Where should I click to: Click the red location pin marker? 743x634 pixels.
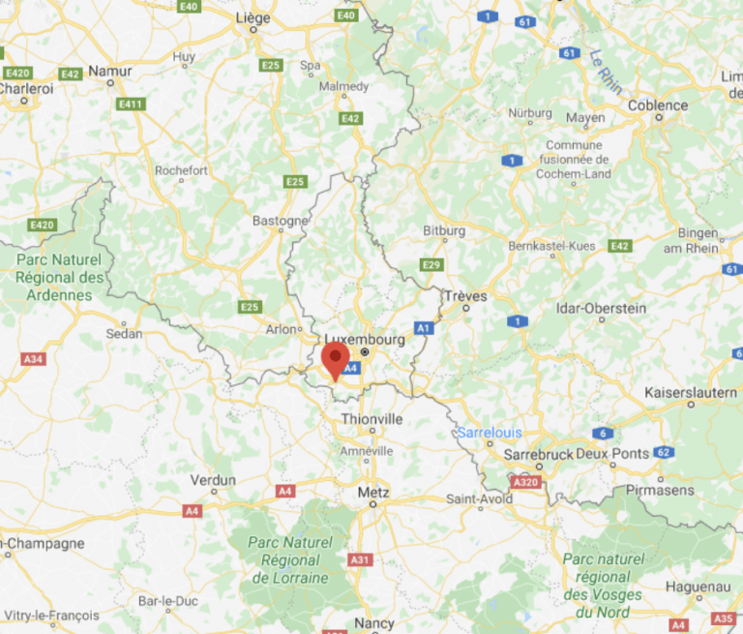(336, 360)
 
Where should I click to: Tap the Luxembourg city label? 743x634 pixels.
(365, 340)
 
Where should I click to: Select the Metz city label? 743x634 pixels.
(372, 492)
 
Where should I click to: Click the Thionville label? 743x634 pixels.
(371, 419)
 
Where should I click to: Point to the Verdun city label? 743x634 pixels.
(213, 479)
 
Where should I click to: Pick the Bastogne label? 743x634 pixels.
(280, 221)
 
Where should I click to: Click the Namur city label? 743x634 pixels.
(109, 71)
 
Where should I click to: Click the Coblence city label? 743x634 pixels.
(658, 106)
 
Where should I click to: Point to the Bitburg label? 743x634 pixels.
(444, 231)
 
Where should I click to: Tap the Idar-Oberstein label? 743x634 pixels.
(602, 308)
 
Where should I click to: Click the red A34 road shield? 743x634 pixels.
(33, 359)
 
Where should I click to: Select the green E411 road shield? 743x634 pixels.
(130, 104)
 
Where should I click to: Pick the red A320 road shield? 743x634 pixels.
(525, 481)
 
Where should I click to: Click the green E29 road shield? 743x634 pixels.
(431, 264)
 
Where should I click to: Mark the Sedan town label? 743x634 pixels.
(124, 333)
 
